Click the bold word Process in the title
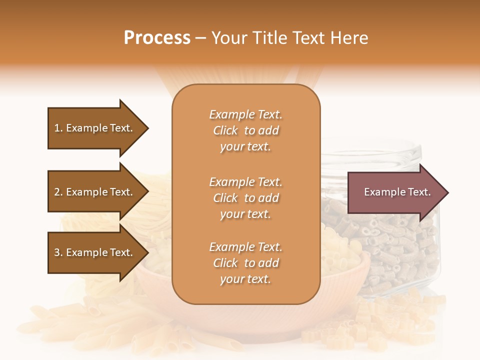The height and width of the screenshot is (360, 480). click(157, 38)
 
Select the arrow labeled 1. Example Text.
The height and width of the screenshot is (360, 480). click(95, 128)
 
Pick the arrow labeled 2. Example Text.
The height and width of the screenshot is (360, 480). click(95, 192)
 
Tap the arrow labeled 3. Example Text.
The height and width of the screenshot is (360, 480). click(95, 252)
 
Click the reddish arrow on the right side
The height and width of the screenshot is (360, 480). click(395, 192)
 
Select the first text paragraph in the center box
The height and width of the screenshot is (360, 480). click(245, 130)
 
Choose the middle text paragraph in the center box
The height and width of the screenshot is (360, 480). click(245, 197)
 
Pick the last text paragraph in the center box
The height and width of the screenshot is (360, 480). click(245, 263)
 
